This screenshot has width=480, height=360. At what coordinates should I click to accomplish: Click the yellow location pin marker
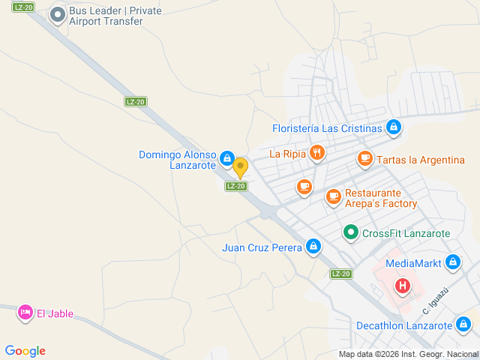pos(240,167)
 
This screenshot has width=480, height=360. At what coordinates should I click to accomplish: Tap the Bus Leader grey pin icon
pos(57,14)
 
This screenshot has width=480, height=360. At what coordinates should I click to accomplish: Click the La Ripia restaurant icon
pos(317,154)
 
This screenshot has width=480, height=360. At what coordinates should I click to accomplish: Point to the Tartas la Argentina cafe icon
pos(364,159)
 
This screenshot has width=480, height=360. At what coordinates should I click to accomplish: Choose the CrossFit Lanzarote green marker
pos(350,232)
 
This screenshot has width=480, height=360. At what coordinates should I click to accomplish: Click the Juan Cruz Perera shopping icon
pos(313,246)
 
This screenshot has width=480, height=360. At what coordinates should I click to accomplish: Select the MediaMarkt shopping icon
pos(452,262)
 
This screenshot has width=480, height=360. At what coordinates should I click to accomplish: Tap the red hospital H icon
pos(403,285)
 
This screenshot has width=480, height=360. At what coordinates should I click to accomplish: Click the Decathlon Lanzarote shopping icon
pos(464,325)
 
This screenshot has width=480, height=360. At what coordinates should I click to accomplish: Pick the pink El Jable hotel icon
pos(25,312)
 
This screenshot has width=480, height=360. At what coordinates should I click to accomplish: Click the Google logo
pos(25,350)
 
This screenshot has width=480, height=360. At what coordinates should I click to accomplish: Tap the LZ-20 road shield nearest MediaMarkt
pos(341,274)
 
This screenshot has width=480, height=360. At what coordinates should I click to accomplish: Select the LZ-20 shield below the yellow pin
pos(236,186)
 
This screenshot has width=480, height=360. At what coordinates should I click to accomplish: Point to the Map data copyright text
pos(408,354)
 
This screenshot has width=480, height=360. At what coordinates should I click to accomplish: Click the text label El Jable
pos(55,313)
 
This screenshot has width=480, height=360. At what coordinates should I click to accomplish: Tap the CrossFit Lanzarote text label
pos(406,233)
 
